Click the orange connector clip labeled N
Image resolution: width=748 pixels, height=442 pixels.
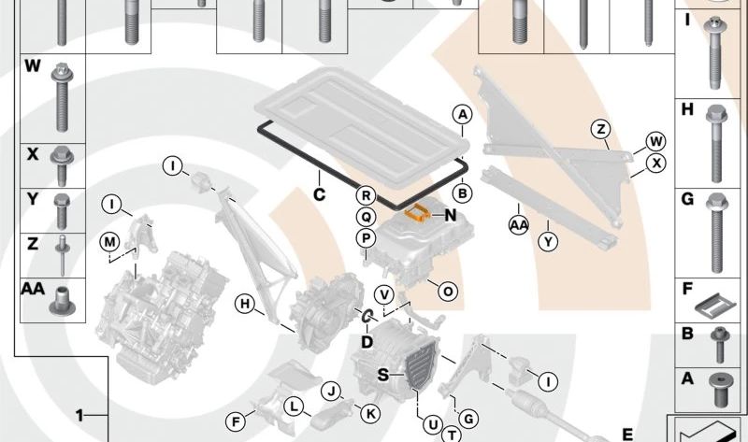coord(418,212)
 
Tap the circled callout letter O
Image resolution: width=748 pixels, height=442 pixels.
coord(448,291)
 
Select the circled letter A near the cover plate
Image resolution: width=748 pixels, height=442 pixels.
coord(462,114)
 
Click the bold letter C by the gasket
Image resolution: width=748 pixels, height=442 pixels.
coord(319,194)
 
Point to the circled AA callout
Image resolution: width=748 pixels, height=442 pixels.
coord(519,225)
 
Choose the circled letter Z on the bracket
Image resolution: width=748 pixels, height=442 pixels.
coord(601,129)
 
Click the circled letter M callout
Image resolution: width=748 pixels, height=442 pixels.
coord(109,242)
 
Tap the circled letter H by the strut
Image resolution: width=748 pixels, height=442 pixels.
coord(245,304)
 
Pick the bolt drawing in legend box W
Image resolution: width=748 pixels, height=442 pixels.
coord(62,97)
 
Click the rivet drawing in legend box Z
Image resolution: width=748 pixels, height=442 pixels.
coord(62,255)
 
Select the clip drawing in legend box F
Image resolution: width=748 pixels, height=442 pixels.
coord(714,305)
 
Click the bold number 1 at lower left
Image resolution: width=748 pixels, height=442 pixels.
coord(79,416)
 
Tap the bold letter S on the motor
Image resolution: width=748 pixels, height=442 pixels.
coord(383,376)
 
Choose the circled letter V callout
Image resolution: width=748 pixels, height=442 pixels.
coord(384,295)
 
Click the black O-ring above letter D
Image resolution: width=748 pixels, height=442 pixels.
coord(367,316)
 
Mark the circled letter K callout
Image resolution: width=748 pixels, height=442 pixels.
coord(370,413)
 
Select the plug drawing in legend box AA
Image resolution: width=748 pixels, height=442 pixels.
coord(62,301)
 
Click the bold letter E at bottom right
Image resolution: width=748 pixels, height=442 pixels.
coord(627,435)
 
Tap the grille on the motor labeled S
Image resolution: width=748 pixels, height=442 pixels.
coord(422,366)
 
